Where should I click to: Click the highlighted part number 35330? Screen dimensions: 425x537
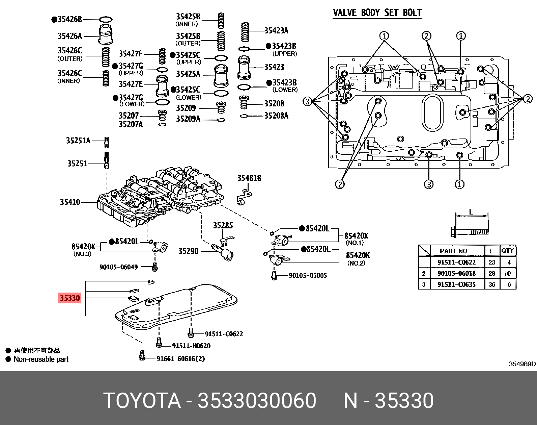coord(70,298)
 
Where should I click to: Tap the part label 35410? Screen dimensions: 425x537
coord(70,202)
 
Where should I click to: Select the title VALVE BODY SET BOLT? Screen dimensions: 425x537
coord(377,13)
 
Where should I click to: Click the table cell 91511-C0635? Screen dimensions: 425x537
coord(456,284)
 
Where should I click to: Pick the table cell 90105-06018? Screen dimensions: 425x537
coord(456,273)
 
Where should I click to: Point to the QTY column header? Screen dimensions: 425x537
coord(507,251)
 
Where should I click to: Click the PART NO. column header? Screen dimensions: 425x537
coord(454,251)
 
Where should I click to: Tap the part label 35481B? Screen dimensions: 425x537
coord(249,178)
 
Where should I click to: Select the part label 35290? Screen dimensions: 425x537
coord(188,251)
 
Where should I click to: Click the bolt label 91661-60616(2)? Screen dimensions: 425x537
coord(180,358)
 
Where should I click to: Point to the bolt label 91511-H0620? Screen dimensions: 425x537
coord(191,346)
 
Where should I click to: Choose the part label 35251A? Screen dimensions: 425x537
coord(78,140)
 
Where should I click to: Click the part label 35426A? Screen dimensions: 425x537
coord(69,36)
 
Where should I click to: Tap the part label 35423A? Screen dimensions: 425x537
coord(276,31)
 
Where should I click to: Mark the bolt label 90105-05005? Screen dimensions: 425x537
coord(308,275)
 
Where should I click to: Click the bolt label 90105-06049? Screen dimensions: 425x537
coord(118,267)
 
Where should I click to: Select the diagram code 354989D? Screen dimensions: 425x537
coord(522,364)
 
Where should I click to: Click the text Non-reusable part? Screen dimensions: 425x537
coord(41,359)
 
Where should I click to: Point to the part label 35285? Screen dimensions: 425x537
coord(223,225)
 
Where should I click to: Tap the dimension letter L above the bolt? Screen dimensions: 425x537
coord(471,212)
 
